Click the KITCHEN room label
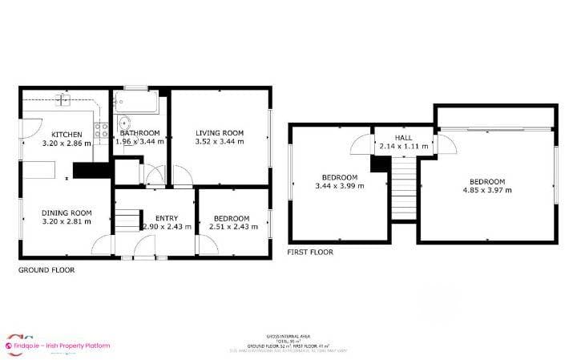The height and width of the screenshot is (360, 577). [x=67, y=134]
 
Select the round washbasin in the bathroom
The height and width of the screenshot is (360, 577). [x=125, y=123]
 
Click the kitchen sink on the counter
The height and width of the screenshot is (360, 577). [x=63, y=101]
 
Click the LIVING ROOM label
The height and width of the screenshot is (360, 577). [x=220, y=133]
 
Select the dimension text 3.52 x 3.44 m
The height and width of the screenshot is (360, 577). [x=220, y=142]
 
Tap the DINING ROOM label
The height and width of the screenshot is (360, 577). [x=67, y=213]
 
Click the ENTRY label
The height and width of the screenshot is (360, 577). [x=167, y=218]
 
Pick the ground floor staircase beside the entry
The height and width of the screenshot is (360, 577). [x=127, y=219]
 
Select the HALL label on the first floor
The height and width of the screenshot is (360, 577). [x=405, y=138]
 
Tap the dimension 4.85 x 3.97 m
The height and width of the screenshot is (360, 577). [x=487, y=190]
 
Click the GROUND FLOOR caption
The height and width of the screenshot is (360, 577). [x=46, y=270]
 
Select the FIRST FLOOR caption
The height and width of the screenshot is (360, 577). [x=310, y=252]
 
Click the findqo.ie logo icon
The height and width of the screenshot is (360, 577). [x=11, y=346]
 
